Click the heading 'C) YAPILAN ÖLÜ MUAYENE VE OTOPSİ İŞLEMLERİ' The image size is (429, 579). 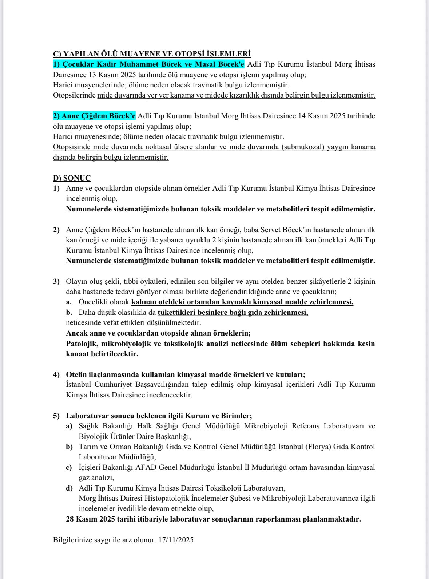(x=152, y=54)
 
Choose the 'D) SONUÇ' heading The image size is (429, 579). (x=72, y=178)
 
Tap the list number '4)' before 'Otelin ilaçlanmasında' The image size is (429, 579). (x=56, y=374)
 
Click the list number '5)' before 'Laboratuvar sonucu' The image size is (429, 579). (x=56, y=416)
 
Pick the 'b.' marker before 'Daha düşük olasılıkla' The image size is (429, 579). (x=69, y=312)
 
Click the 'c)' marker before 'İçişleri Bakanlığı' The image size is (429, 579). (x=69, y=467)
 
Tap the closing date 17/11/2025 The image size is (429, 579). (x=176, y=540)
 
